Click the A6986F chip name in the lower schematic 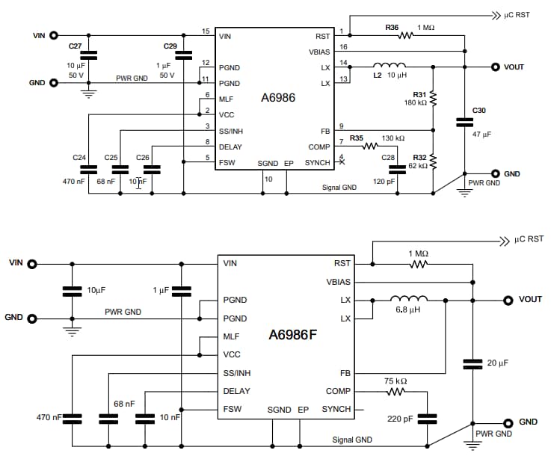coord(293,335)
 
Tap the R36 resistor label coord(392,28)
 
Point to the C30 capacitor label coord(478,111)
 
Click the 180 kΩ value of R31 coord(416,102)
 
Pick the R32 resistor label coord(419,157)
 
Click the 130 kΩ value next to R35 coord(393,138)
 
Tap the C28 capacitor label coord(388,157)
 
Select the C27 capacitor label coord(75,46)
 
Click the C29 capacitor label coord(170,46)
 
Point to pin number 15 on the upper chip coord(206,31)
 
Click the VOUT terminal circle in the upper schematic coord(496,67)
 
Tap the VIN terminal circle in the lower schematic coord(31,263)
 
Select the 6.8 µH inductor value coord(410,309)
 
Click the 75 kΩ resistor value coord(396,381)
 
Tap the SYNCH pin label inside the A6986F coord(336,409)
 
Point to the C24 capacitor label coord(79,157)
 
